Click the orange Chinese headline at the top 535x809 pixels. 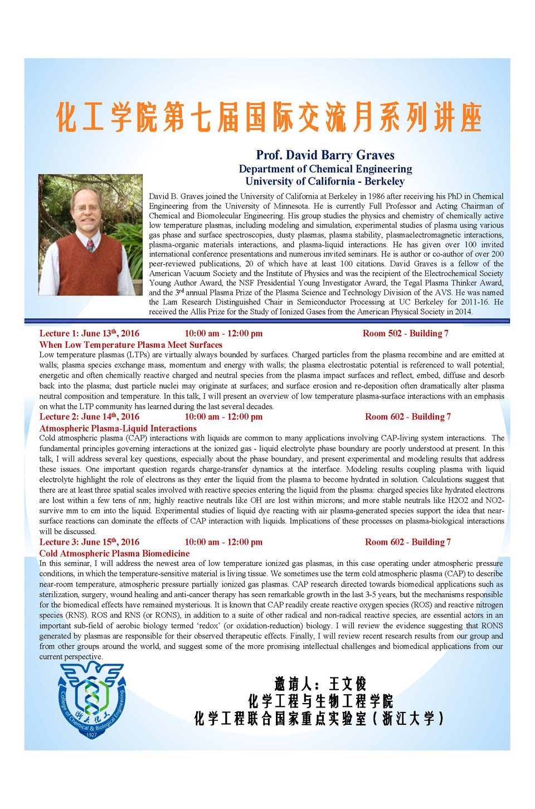[x=269, y=117]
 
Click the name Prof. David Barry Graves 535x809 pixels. [x=325, y=155]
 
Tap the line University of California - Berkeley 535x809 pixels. [x=325, y=181]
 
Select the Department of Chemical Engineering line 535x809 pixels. [x=325, y=168]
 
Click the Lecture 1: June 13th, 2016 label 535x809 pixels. [x=89, y=333]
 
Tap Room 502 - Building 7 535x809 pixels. [x=405, y=333]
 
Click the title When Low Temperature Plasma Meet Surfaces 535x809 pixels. [x=130, y=345]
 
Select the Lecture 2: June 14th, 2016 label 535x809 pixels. [x=89, y=416]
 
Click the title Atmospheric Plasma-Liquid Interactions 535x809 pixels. [x=118, y=428]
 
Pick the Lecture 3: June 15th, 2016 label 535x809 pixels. [x=89, y=542]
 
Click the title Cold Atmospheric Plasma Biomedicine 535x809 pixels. [x=114, y=553]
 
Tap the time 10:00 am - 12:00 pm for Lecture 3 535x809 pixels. [x=223, y=542]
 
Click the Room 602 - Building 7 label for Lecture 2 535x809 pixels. [x=407, y=416]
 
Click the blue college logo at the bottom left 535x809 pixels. [x=92, y=700]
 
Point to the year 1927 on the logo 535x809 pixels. [x=91, y=734]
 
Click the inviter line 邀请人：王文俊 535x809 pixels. [x=320, y=684]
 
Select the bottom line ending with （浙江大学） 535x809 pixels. [x=319, y=718]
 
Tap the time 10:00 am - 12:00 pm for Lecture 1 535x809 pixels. [x=223, y=333]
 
